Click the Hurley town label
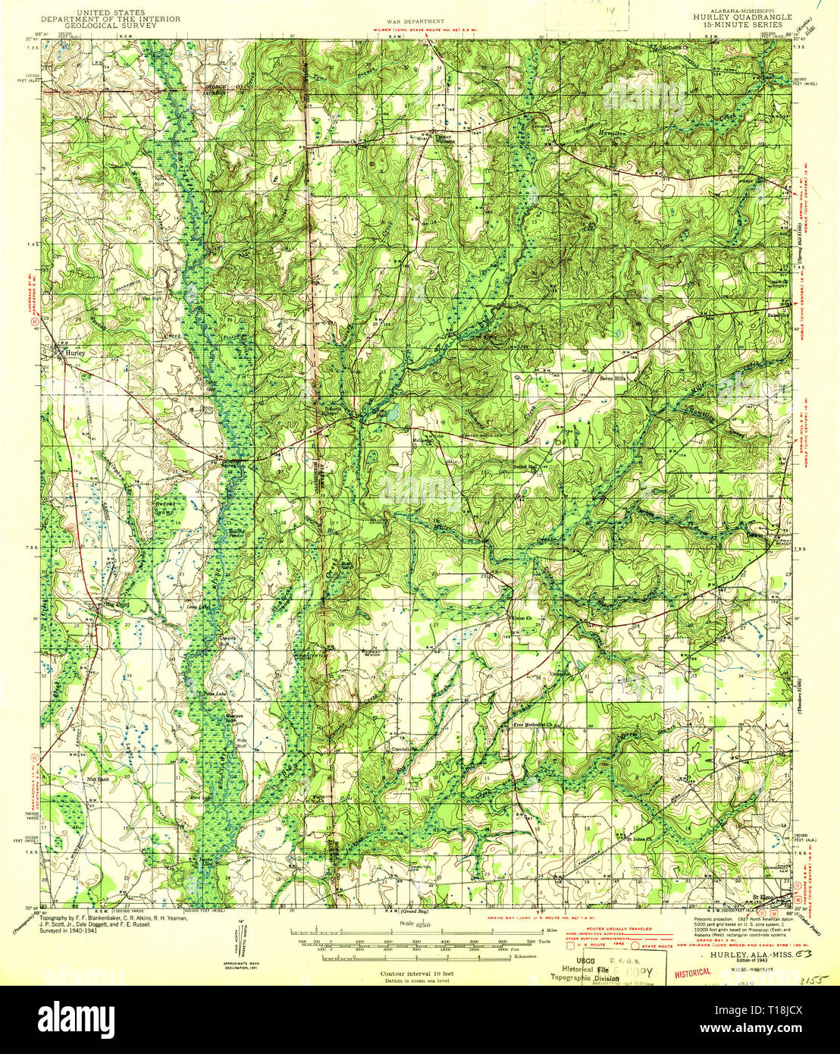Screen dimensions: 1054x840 coord(75,353)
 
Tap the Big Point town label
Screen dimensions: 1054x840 coord(114,604)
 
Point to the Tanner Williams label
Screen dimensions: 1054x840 coord(444,140)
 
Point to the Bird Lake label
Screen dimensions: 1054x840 coord(199,798)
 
